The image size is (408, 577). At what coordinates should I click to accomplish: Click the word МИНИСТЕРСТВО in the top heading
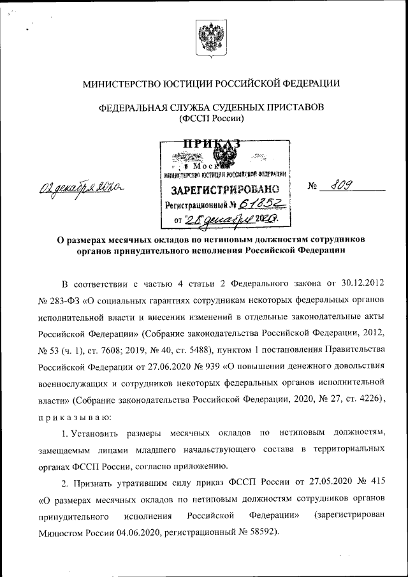click(x=125, y=84)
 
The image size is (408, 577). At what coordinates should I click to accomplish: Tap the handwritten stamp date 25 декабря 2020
click(x=233, y=220)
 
